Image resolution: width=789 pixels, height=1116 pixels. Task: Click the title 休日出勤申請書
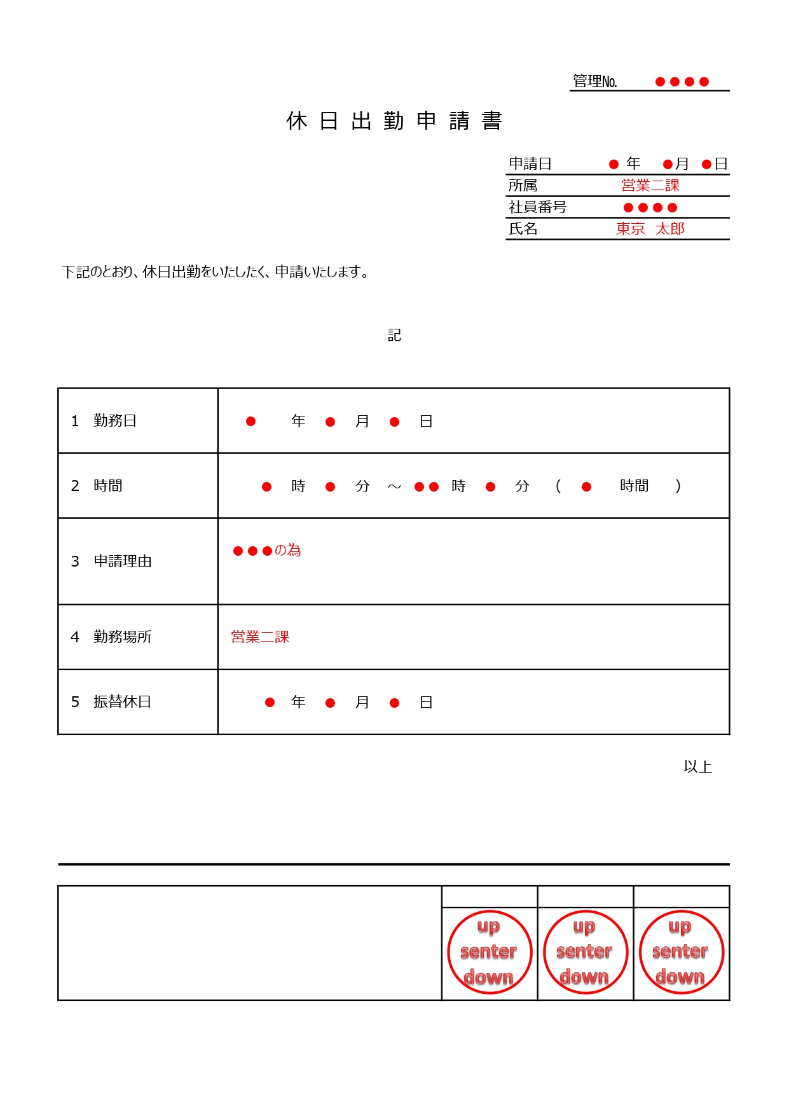coord(394,121)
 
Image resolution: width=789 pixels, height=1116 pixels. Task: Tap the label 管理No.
coord(594,81)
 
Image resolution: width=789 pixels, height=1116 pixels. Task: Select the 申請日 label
coord(530,163)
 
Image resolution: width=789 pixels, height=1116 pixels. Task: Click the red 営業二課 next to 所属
coord(650,185)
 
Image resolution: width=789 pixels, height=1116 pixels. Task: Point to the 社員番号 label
coord(537,207)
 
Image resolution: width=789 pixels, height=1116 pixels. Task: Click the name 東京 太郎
coord(650,228)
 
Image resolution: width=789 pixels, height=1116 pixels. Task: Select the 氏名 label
coord(523,228)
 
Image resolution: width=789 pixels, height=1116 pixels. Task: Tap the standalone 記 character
coord(394,335)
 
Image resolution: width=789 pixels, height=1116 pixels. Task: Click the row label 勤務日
coord(114,420)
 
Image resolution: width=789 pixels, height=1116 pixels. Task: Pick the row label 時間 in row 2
coord(107,485)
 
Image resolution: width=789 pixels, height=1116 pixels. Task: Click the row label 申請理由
coord(122,561)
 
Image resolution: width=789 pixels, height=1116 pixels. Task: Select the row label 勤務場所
coord(122,637)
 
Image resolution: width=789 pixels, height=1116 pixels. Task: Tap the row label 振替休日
coord(122,701)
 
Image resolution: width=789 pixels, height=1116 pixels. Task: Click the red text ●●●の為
coord(267,550)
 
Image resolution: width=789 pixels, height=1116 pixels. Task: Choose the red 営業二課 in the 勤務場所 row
coord(260,637)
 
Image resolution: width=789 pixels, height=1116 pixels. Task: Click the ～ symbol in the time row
coord(394,486)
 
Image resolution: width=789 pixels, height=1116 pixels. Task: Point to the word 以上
coord(697,766)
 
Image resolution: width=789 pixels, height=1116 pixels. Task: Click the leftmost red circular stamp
coord(490,952)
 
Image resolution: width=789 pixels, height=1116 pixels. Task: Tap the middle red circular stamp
coord(585,952)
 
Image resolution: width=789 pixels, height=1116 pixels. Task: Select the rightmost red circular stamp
coord(681,952)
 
